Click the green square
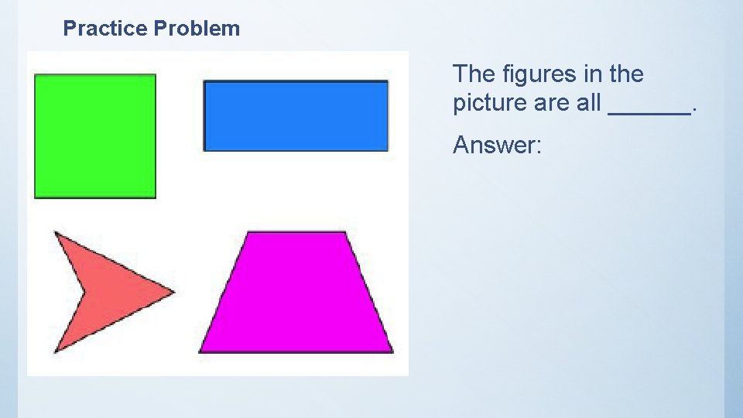point(95,136)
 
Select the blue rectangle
point(295,116)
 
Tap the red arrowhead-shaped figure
point(108,291)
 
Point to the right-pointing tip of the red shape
point(174,292)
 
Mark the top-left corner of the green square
point(36,75)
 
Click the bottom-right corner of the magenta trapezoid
point(392,351)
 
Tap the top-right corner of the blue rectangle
point(387,82)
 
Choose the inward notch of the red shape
point(84,291)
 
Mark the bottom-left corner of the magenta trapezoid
point(200,351)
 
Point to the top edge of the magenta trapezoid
point(296,232)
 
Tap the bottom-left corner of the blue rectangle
point(204,149)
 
